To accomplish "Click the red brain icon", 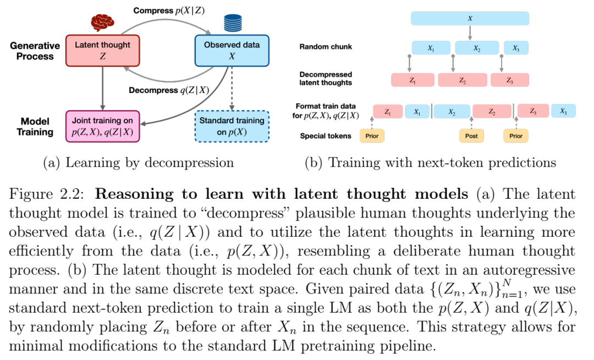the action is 102,23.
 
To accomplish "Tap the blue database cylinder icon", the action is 233,23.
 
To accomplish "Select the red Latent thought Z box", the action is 103,51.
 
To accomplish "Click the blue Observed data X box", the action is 232,51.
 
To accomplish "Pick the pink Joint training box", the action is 103,127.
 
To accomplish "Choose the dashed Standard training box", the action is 232,127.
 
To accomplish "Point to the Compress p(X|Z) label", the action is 169,10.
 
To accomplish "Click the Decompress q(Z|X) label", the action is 169,90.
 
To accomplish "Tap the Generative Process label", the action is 35,51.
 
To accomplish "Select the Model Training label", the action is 35,127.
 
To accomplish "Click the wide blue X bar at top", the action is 470,18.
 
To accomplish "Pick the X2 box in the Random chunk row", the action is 476,48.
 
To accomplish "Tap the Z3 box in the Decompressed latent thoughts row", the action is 509,80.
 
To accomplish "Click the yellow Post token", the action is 471,135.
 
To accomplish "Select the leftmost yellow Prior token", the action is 372,135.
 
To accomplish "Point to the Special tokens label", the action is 326,135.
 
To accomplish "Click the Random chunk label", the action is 326,47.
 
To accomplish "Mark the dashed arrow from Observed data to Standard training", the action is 232,89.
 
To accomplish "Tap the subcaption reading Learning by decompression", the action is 138,162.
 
